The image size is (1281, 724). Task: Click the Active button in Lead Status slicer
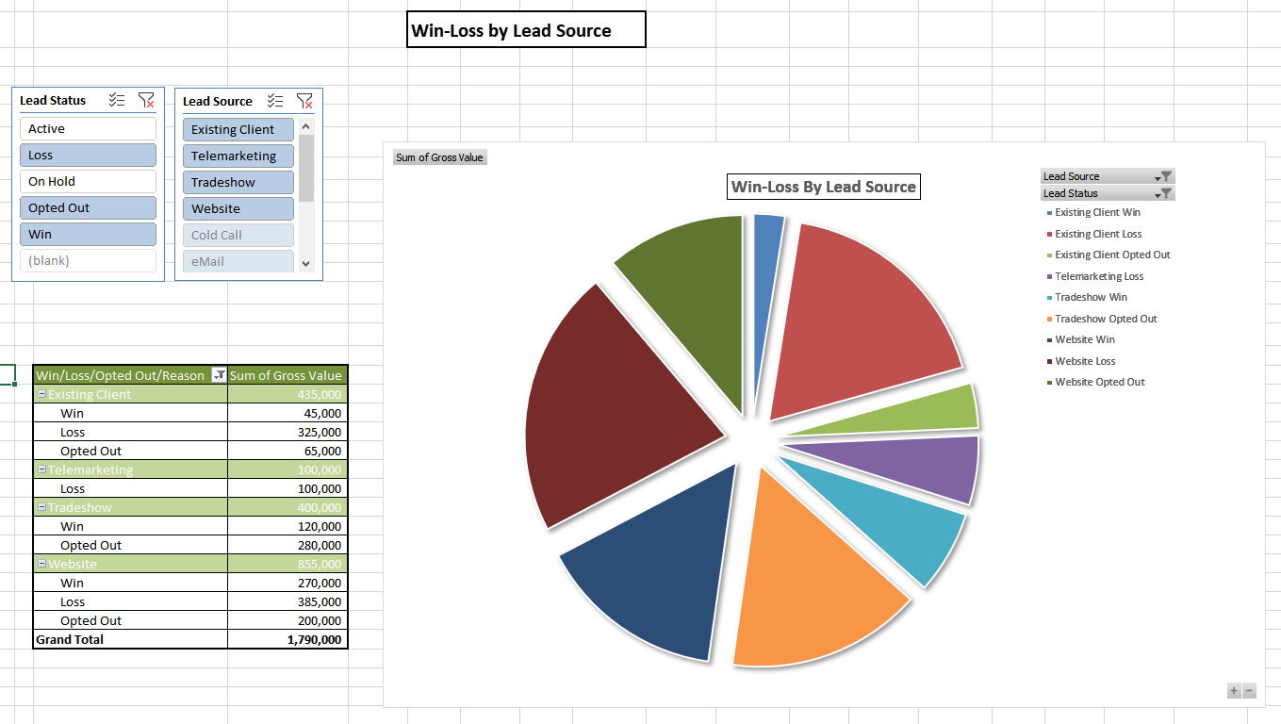(x=88, y=129)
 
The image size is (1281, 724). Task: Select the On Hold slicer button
(x=88, y=182)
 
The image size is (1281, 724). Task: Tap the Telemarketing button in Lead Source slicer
(x=238, y=156)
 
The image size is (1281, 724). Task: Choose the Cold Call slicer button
(x=238, y=236)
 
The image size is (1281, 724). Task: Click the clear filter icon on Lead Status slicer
(x=146, y=100)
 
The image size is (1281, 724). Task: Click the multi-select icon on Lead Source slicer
(x=275, y=101)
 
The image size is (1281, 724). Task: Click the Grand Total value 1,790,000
(x=287, y=639)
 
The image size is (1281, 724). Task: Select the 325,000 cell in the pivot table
(x=287, y=432)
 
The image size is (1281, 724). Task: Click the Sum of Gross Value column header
(x=287, y=375)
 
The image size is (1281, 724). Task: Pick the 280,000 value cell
(x=287, y=545)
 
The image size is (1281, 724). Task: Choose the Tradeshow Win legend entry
(x=1091, y=297)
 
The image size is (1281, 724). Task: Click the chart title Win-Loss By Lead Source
(x=824, y=187)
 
